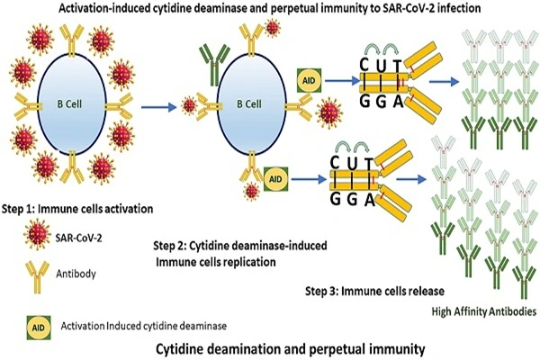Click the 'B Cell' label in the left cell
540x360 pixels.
point(69,104)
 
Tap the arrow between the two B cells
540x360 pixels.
point(158,107)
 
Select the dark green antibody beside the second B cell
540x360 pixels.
point(214,65)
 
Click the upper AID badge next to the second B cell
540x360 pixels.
point(309,81)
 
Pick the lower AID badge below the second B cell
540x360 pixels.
point(275,179)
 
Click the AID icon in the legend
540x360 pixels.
point(39,328)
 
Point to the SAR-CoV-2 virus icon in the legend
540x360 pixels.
point(37,236)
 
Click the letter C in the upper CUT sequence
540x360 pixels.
point(364,65)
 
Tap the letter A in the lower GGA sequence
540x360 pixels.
point(370,200)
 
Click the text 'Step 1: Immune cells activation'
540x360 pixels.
point(77,209)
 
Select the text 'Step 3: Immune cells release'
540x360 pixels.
point(374,292)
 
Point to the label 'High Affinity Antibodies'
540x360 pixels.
point(484,311)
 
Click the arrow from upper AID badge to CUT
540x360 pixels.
point(342,81)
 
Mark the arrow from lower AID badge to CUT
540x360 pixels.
point(309,179)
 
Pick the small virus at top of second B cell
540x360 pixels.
point(273,28)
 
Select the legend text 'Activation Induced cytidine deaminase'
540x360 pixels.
point(144,326)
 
